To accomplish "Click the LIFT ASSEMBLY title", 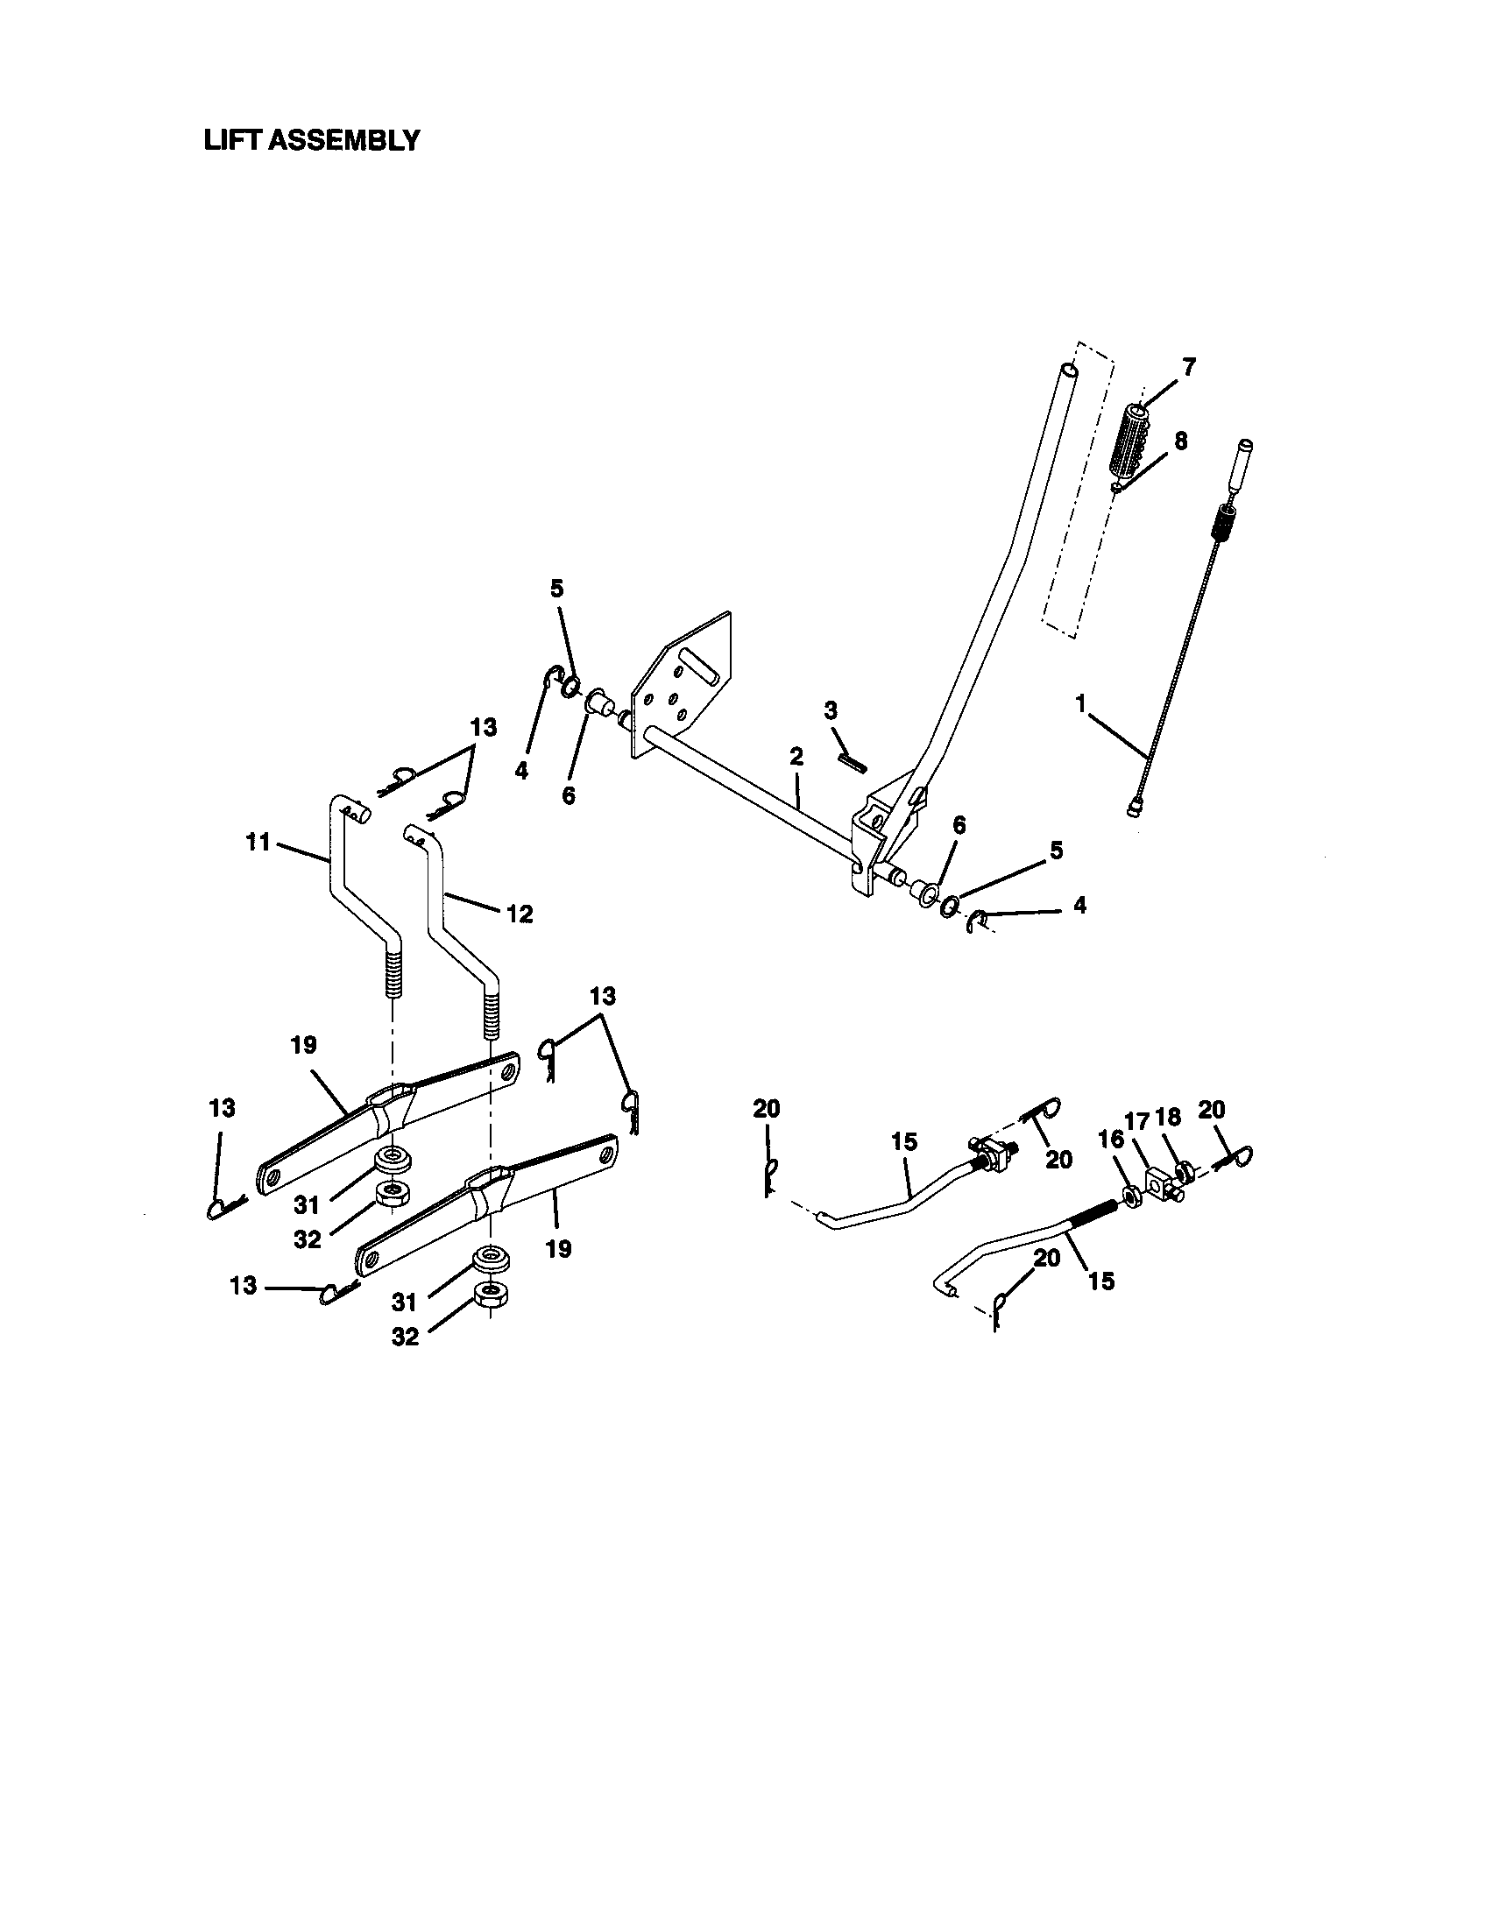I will click(x=312, y=140).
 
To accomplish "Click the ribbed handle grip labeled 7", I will click(x=1127, y=440).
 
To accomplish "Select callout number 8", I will click(x=1180, y=441).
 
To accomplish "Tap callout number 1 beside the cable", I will click(x=1079, y=703).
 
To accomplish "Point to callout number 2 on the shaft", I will click(x=796, y=756).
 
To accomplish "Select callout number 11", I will click(x=258, y=843).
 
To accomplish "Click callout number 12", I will click(x=519, y=914).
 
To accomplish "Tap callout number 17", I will click(x=1137, y=1120).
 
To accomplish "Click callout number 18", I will click(x=1167, y=1117).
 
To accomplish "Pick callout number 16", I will click(x=1110, y=1139).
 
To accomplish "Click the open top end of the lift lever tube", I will click(x=1069, y=371).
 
